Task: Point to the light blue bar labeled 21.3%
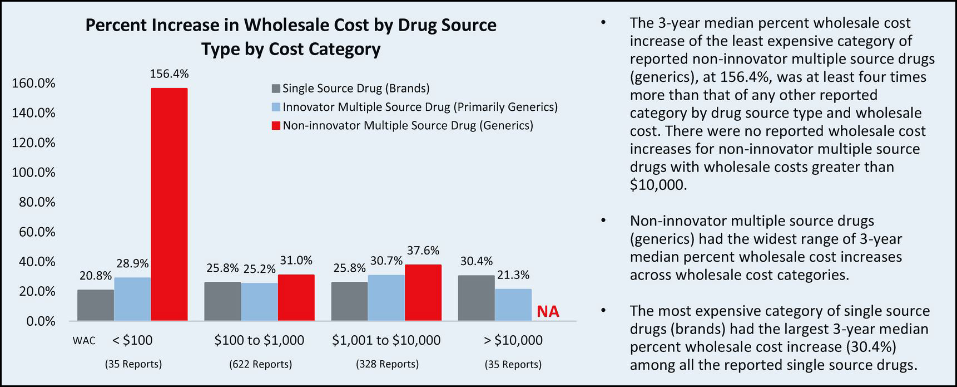coord(513,305)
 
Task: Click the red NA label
coord(548,312)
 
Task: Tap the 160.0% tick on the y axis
coord(33,84)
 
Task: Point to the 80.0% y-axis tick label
coord(37,202)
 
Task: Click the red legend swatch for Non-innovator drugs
coord(276,126)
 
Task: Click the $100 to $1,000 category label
coord(259,340)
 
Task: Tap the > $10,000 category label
coord(513,340)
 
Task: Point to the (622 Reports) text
coord(260,364)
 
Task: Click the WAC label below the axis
coord(84,341)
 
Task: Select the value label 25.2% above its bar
coord(260,269)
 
